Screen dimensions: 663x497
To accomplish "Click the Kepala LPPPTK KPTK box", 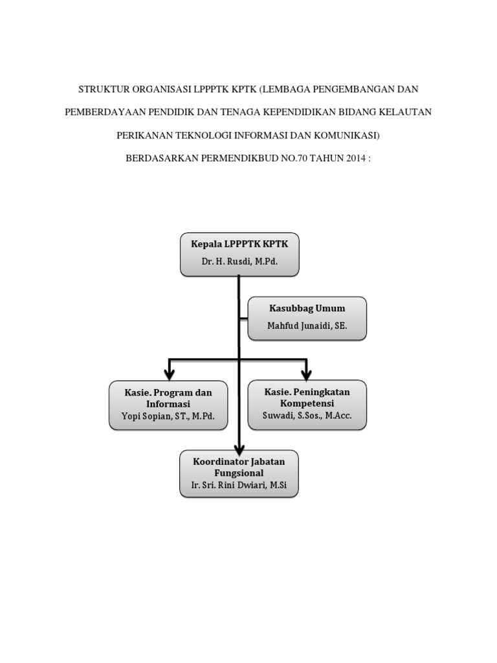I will [239, 253].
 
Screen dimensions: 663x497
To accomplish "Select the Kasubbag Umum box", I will [307, 318].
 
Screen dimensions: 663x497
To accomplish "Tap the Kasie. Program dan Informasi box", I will [168, 405].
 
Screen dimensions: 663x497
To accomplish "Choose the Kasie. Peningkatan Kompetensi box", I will [307, 405].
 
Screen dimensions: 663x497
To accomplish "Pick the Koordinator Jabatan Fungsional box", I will [239, 474].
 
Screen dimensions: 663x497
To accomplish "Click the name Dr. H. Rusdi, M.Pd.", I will [239, 263].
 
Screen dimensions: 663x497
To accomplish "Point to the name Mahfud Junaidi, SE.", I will [307, 327].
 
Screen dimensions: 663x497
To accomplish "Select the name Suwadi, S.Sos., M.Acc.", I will [307, 416].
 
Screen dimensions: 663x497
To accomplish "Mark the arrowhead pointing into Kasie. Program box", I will [170, 374].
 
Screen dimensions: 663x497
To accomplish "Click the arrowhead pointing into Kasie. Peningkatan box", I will [307, 374].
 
